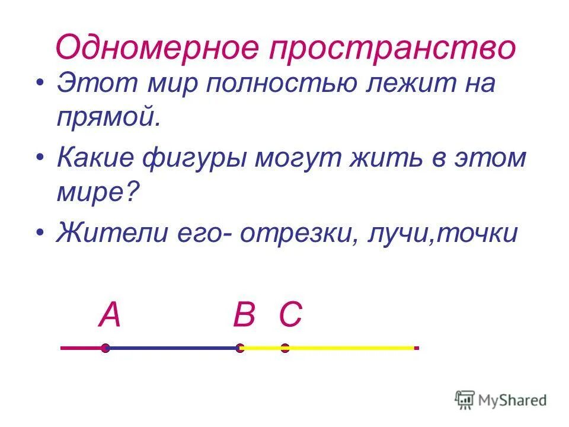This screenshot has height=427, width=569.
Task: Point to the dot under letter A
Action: [105, 348]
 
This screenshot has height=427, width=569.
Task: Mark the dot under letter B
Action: [240, 348]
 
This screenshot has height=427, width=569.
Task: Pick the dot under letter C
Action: [285, 348]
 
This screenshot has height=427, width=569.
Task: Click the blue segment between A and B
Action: [172, 348]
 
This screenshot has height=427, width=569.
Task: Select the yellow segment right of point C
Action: [350, 348]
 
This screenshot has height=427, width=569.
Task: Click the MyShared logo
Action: [501, 400]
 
